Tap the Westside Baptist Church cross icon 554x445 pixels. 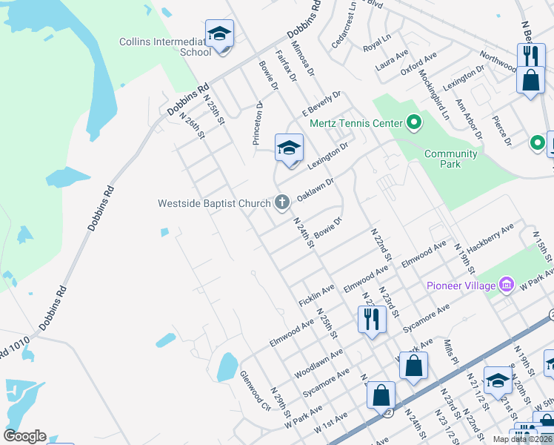pyautogui.click(x=281, y=202)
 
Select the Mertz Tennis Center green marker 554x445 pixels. pyautogui.click(x=413, y=123)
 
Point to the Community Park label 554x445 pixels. pyautogui.click(x=451, y=159)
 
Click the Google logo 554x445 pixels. pyautogui.click(x=24, y=436)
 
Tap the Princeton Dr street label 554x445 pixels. pyautogui.click(x=258, y=122)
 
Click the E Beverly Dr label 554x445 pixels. pyautogui.click(x=320, y=105)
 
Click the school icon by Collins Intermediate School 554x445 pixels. pyautogui.click(x=219, y=34)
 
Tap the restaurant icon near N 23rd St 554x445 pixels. pyautogui.click(x=370, y=319)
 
